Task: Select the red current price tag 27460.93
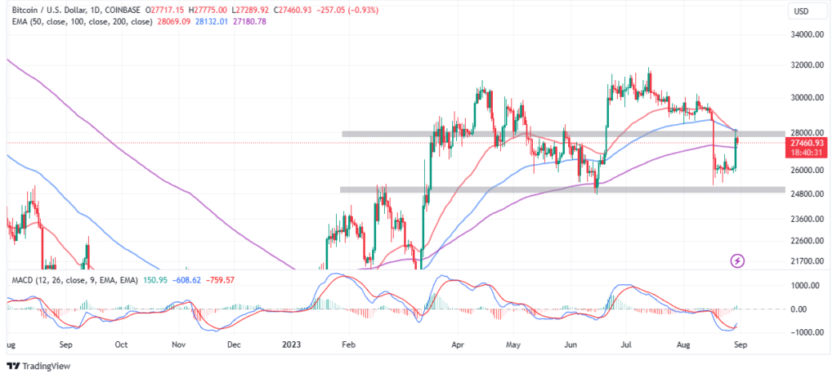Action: (804, 143)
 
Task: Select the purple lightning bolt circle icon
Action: (738, 260)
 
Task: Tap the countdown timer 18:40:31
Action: (804, 153)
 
